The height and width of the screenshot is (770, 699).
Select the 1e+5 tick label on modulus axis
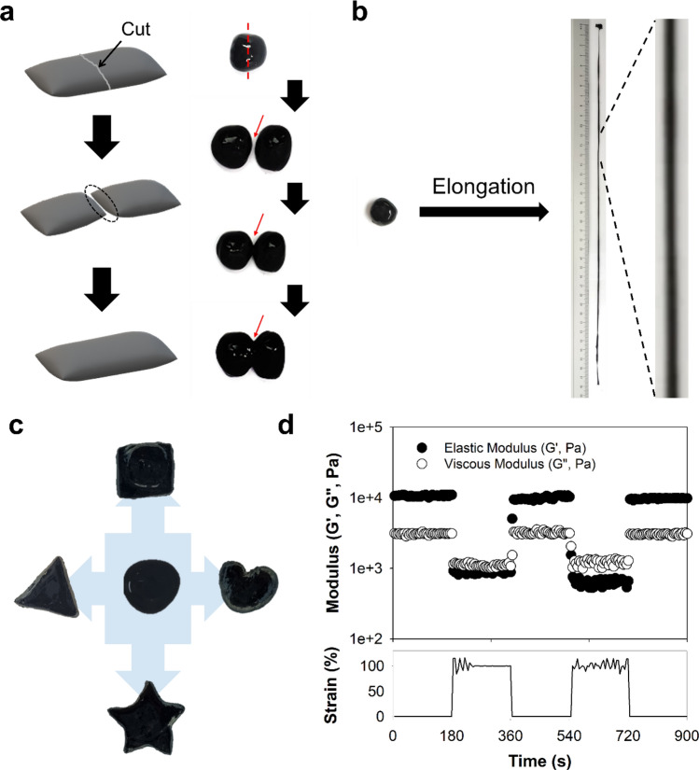[x=363, y=427]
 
